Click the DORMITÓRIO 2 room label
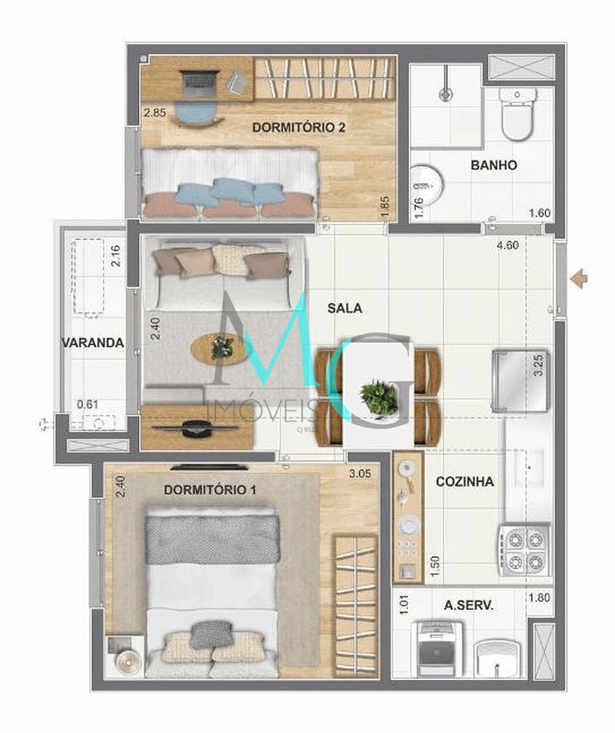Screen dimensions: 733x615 pyautogui.click(x=299, y=127)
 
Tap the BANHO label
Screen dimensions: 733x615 pyautogui.click(x=494, y=165)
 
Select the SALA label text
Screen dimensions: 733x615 pyautogui.click(x=344, y=309)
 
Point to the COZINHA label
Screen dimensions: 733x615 pyautogui.click(x=464, y=482)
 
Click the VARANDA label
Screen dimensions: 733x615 pyautogui.click(x=92, y=342)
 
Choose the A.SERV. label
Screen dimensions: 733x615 pyautogui.click(x=468, y=605)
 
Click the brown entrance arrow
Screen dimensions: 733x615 pyautogui.click(x=579, y=278)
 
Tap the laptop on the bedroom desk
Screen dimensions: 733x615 pyautogui.click(x=199, y=83)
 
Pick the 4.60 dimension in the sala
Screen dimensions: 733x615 pyautogui.click(x=508, y=246)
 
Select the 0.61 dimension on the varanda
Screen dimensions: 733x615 pyautogui.click(x=87, y=404)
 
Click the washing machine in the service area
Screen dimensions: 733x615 pyautogui.click(x=439, y=649)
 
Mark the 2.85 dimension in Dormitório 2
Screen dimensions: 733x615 pyautogui.click(x=154, y=113)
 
